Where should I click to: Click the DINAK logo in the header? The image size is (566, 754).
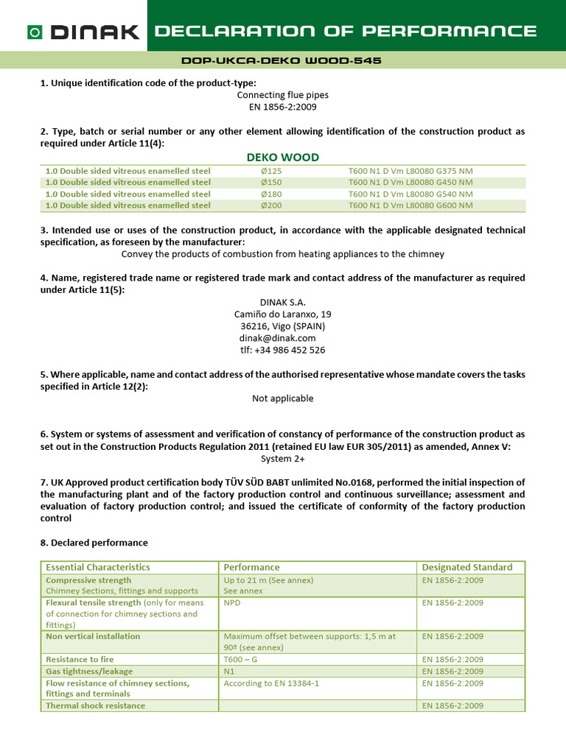(x=83, y=32)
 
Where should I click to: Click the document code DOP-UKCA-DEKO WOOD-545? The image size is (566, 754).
(x=282, y=60)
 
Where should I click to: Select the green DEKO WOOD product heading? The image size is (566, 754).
(x=282, y=158)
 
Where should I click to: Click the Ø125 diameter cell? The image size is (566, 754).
(x=262, y=171)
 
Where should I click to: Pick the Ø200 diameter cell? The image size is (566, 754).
(x=262, y=205)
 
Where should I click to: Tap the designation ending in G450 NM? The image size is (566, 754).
(x=410, y=183)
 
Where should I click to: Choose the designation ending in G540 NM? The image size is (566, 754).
(x=410, y=194)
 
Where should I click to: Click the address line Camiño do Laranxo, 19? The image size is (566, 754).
(x=282, y=314)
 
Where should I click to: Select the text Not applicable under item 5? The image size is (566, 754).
(x=282, y=398)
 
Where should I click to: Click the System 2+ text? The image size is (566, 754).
(x=282, y=458)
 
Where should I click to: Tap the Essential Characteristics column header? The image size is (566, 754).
(x=98, y=567)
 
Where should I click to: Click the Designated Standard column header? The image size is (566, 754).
(x=467, y=567)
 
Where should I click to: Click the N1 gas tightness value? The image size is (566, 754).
(x=229, y=672)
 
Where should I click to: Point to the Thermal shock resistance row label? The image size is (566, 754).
(x=96, y=705)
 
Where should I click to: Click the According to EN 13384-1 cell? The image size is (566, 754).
(x=271, y=683)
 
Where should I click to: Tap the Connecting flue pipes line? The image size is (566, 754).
(x=282, y=95)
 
